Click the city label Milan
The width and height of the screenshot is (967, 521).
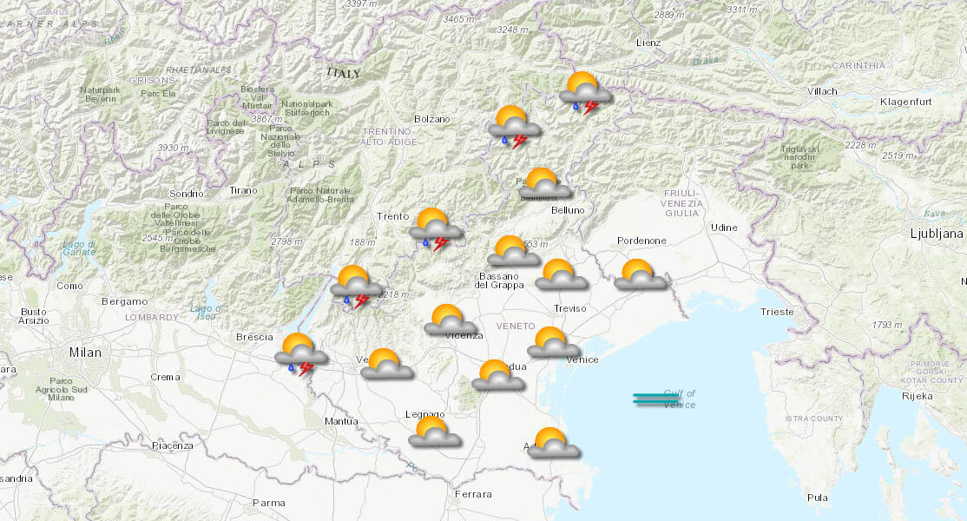tap(86, 353)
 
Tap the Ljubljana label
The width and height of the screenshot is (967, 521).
tap(937, 234)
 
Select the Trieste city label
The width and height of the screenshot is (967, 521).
tap(776, 312)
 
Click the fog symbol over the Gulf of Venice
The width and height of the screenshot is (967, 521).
tap(656, 399)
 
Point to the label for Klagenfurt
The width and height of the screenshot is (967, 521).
tap(905, 102)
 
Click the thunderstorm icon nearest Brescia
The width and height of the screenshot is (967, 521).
tap(300, 354)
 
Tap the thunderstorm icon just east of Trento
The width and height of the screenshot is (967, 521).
tap(436, 230)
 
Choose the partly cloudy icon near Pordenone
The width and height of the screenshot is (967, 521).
tap(641, 274)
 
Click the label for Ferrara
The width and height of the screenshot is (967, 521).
tap(472, 494)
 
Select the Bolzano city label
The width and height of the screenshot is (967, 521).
tap(431, 119)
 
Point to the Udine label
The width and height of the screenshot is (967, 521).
tap(723, 228)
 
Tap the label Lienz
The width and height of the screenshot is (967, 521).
tap(648, 43)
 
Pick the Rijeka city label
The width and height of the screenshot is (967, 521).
tap(917, 396)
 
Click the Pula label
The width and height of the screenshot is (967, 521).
tap(817, 498)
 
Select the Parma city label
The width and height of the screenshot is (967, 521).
tap(268, 503)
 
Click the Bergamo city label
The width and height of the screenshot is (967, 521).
tap(124, 301)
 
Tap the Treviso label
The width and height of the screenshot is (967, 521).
tap(569, 308)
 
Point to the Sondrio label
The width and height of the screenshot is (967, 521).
tap(187, 194)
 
